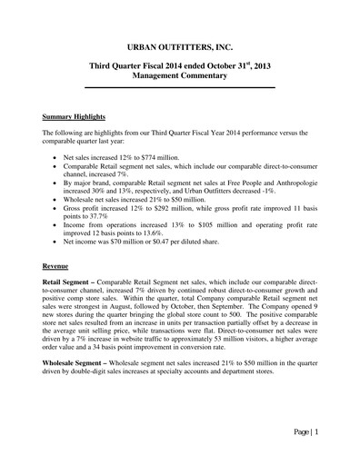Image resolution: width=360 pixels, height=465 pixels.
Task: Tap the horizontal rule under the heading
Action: point(180,87)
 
